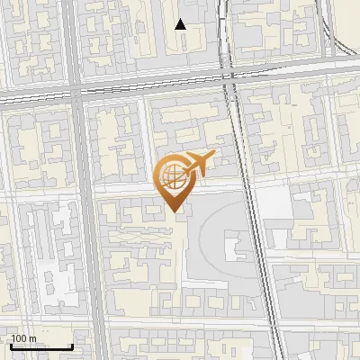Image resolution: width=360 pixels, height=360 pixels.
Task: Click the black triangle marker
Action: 181,24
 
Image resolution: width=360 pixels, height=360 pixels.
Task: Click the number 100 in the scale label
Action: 18,338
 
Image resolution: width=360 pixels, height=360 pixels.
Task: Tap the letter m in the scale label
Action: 32,338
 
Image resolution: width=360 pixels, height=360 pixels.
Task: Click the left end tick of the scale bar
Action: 10,346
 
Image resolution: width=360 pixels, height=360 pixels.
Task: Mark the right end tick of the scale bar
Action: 72,346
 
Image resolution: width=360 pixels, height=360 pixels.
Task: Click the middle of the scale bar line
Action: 40,347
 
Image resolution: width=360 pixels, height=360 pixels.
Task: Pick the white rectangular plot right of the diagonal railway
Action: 276,205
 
